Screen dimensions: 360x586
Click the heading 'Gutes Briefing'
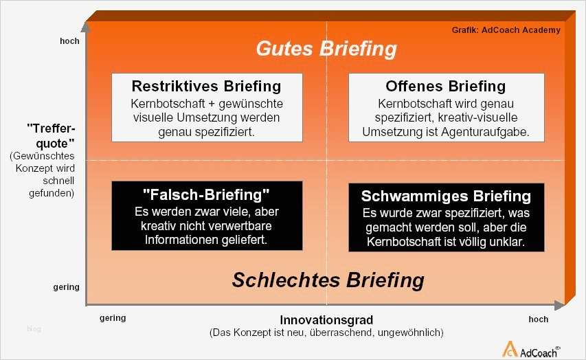tap(326, 49)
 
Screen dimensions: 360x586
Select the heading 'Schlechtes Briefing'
tap(328, 280)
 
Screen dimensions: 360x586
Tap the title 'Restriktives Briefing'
tap(206, 87)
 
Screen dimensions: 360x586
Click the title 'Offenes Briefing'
tap(446, 87)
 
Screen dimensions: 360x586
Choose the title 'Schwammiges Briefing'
tap(446, 196)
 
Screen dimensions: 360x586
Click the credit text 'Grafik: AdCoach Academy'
tap(506, 30)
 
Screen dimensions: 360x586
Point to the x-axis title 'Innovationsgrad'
tap(326, 320)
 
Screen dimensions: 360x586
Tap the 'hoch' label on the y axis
tap(69, 41)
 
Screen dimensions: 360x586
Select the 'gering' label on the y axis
tap(67, 286)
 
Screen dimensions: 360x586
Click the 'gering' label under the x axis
tap(113, 319)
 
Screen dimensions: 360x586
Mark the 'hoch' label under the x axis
tap(538, 319)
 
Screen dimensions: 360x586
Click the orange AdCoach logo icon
tap(510, 348)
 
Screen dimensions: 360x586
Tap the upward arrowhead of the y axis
tap(85, 27)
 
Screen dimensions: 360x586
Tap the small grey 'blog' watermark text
tap(34, 329)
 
